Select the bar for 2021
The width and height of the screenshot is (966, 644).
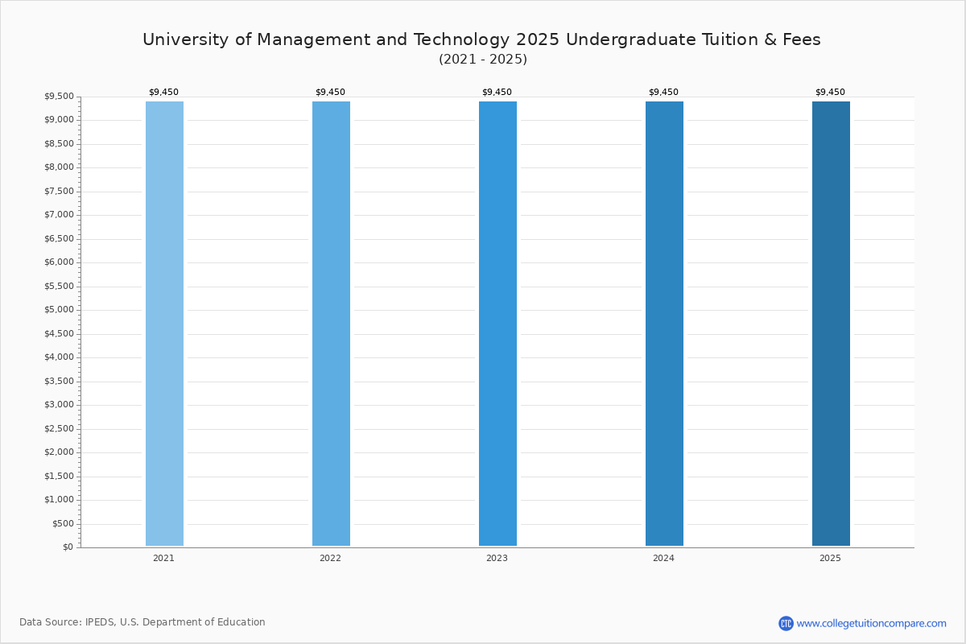[164, 324]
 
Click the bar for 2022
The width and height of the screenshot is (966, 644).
[331, 324]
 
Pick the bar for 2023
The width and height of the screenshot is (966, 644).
[497, 324]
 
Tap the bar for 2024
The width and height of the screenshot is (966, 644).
[664, 324]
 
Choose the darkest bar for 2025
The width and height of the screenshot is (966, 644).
[831, 324]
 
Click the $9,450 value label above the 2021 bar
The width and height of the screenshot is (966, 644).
[164, 92]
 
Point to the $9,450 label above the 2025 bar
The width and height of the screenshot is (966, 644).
[830, 92]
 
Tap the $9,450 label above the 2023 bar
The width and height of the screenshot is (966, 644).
[497, 92]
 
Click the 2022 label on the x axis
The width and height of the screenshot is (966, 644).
[330, 558]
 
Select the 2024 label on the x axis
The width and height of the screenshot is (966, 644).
[663, 558]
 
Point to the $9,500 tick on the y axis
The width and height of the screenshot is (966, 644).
[59, 96]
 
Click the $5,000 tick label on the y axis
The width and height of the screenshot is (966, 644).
[59, 310]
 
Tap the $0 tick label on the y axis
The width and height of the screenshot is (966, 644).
[68, 547]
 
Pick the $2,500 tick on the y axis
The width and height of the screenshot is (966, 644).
[59, 428]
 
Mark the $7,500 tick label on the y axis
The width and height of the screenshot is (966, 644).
[59, 191]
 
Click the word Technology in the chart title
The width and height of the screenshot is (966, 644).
[461, 40]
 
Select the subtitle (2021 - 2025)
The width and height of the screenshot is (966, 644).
[483, 59]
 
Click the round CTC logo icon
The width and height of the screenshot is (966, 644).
[786, 623]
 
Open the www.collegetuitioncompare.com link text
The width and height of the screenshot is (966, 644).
[872, 624]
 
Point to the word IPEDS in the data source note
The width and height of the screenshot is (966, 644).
[100, 622]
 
